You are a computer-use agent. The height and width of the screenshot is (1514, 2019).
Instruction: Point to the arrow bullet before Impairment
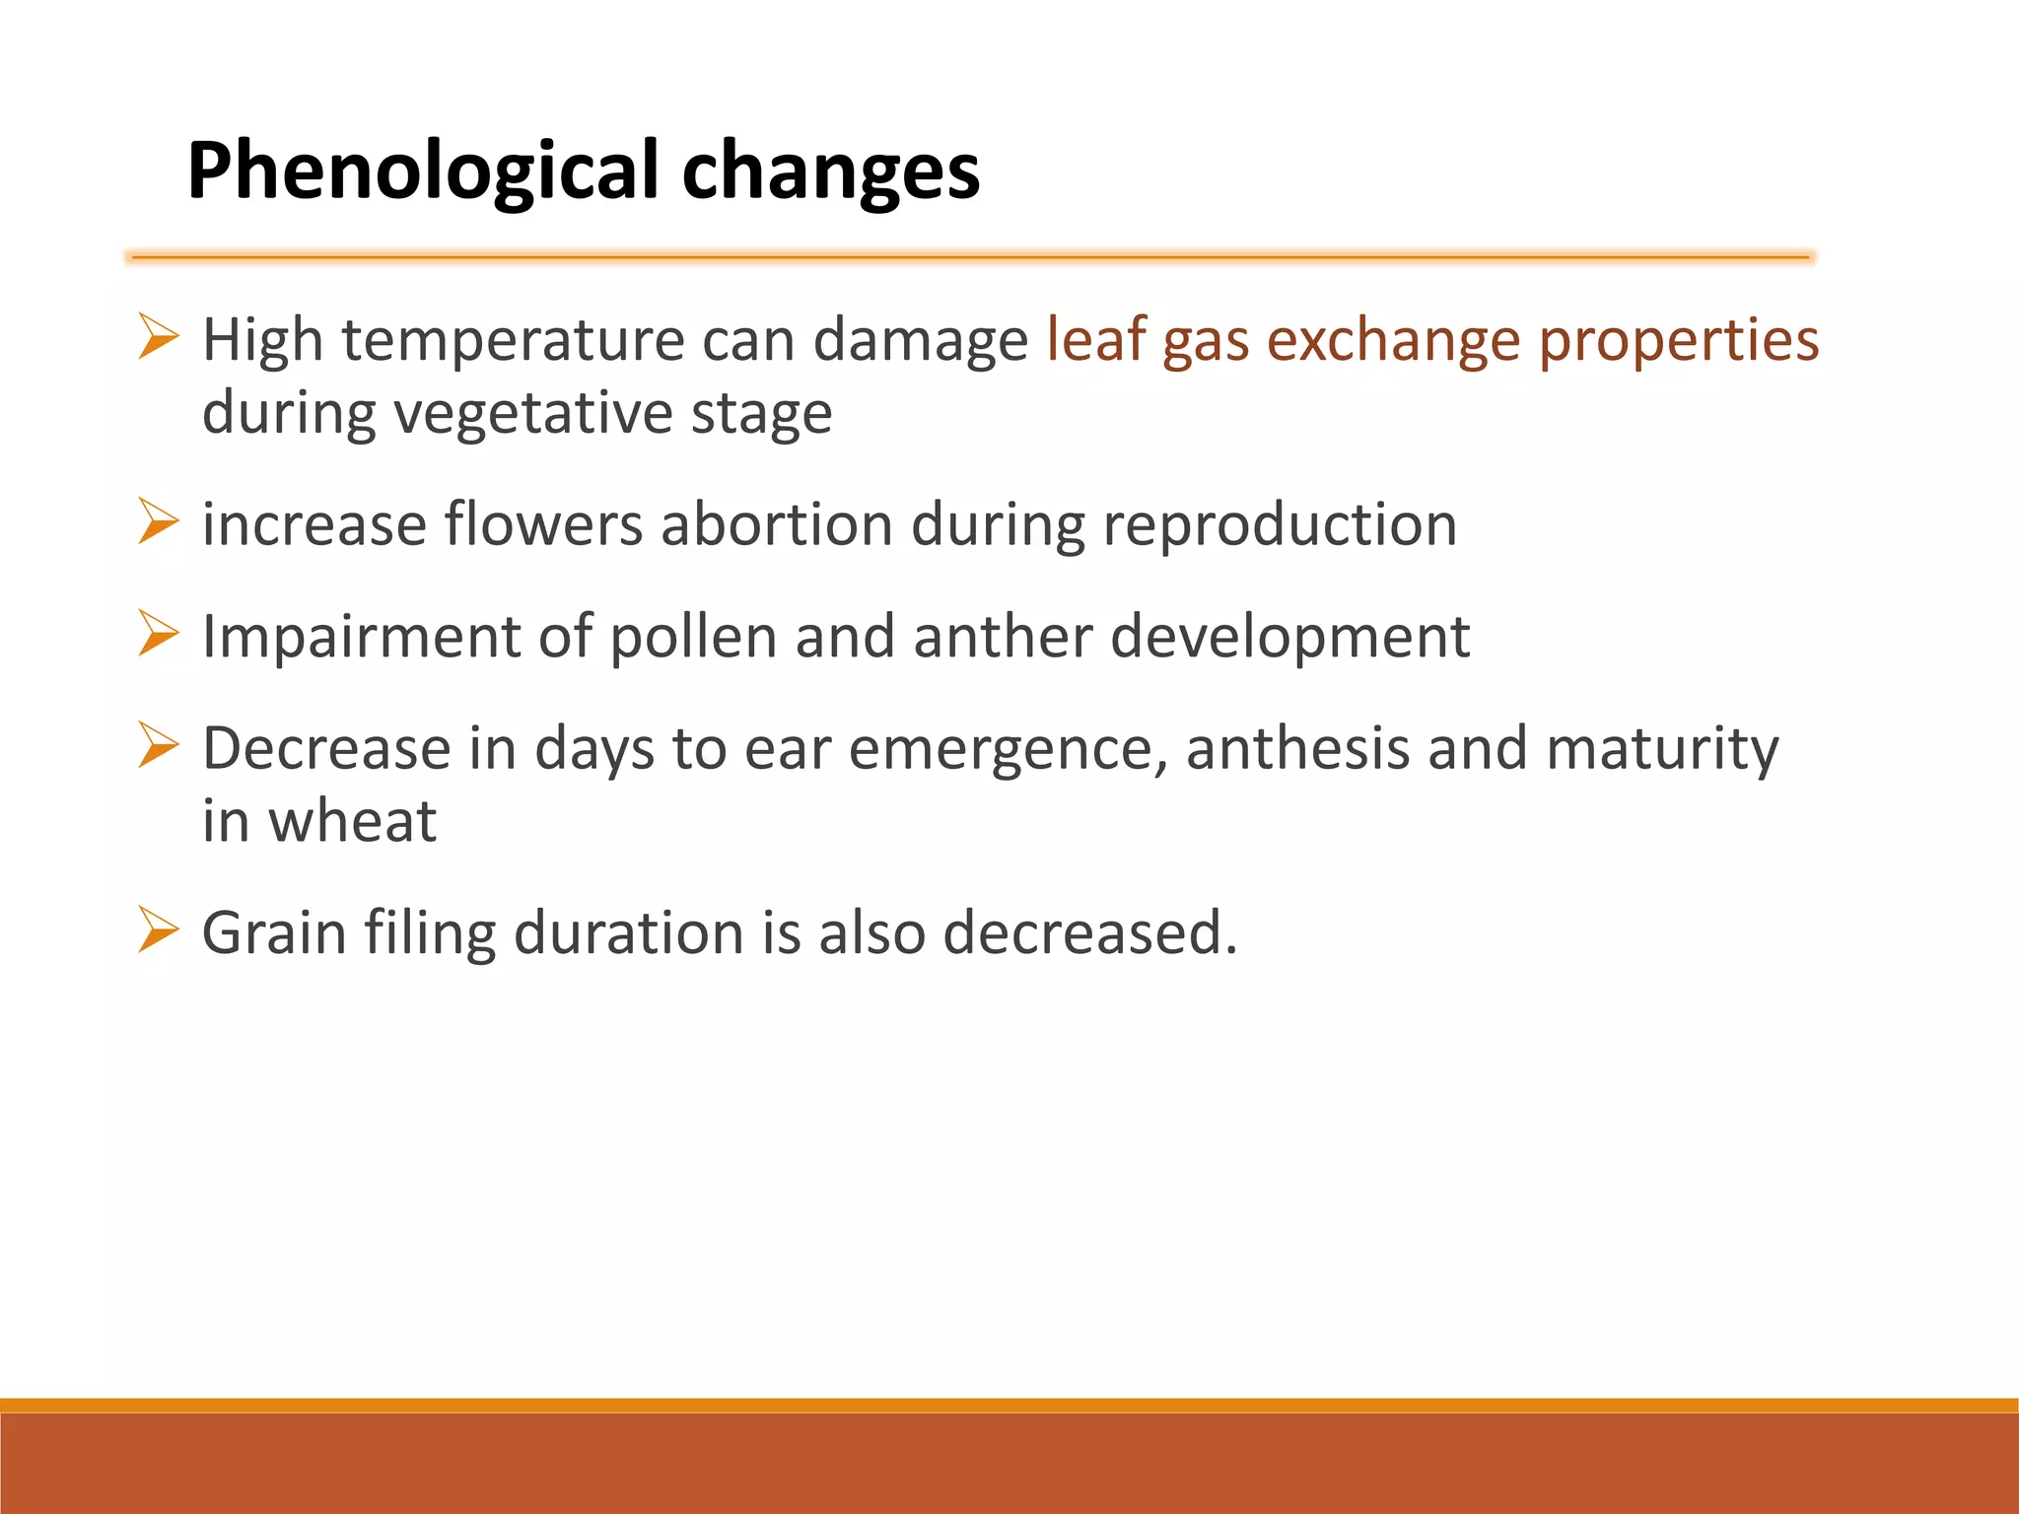click(158, 633)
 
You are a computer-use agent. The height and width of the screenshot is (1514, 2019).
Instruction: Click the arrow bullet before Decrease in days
click(158, 745)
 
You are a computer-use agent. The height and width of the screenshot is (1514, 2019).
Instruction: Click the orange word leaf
click(1095, 340)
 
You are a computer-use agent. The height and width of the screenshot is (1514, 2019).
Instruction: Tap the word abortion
click(777, 524)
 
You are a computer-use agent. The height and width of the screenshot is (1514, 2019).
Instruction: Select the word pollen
click(694, 637)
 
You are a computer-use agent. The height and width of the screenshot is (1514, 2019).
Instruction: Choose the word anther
click(1003, 637)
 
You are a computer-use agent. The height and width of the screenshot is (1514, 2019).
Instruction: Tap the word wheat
click(352, 821)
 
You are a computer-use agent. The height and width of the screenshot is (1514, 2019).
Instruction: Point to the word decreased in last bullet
click(1089, 932)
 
